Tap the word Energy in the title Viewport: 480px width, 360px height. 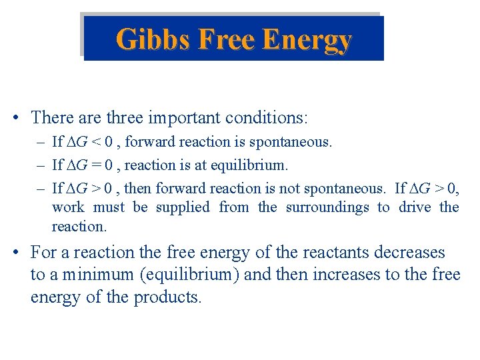click(x=307, y=40)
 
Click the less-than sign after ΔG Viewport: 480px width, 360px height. click(x=97, y=143)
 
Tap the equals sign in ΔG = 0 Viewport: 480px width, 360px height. click(x=97, y=165)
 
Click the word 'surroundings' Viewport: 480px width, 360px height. click(x=327, y=207)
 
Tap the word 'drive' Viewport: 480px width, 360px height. click(x=415, y=207)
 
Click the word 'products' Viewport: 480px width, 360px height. click(x=167, y=297)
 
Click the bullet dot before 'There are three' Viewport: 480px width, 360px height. click(x=15, y=119)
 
